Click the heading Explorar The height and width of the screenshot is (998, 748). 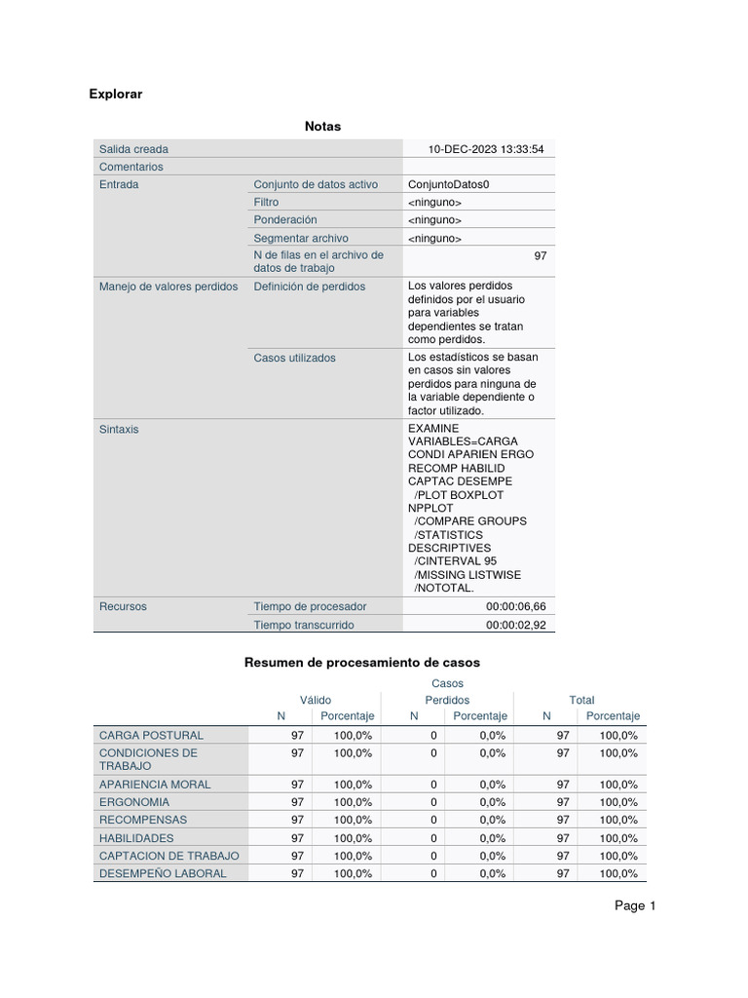click(x=115, y=95)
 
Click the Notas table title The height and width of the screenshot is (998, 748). click(x=322, y=127)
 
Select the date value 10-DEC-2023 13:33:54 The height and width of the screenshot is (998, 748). click(x=486, y=149)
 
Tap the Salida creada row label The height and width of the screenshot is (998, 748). click(x=133, y=149)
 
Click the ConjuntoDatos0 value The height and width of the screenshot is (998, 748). click(x=449, y=184)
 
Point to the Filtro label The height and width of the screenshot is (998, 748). click(x=266, y=202)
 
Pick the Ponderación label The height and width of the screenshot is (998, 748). click(x=285, y=220)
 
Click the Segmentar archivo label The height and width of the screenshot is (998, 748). click(x=300, y=238)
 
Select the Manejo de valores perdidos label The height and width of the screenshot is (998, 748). click(x=168, y=287)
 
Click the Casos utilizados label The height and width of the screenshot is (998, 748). click(x=294, y=358)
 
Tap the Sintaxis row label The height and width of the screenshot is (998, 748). click(x=119, y=429)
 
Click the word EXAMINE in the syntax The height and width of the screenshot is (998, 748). click(x=432, y=429)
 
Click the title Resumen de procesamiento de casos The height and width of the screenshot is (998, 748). click(x=361, y=663)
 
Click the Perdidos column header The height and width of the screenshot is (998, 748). click(x=447, y=700)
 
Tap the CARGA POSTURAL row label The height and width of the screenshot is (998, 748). click(x=151, y=735)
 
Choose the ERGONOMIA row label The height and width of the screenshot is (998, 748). click(x=134, y=802)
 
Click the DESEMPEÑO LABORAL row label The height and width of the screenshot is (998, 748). click(x=163, y=873)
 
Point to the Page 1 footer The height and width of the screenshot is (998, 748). click(x=635, y=906)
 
